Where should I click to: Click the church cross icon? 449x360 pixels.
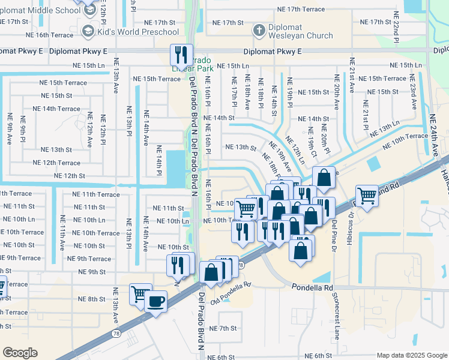tap(258, 30)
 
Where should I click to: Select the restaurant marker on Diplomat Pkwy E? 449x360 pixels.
tap(181, 56)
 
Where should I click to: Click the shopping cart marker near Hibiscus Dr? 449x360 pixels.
tap(367, 195)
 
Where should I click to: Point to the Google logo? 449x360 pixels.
tap(20, 353)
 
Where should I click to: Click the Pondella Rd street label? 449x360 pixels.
tap(312, 288)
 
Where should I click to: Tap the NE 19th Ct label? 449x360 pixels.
tap(312, 142)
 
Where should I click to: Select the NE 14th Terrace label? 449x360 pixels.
tap(56, 109)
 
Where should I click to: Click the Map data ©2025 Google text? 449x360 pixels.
tap(412, 355)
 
